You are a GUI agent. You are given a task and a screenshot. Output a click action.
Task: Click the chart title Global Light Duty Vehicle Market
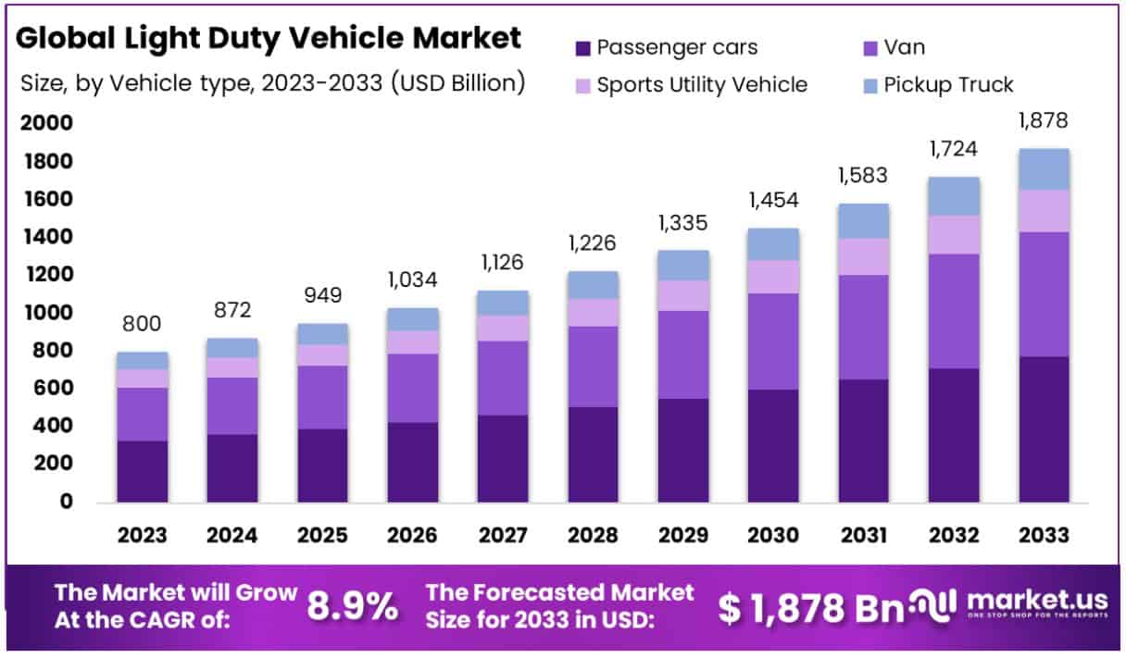coord(269,38)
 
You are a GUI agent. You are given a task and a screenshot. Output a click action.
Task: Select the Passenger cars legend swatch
coord(583,47)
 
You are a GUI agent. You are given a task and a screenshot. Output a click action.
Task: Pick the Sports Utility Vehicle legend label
coord(702,85)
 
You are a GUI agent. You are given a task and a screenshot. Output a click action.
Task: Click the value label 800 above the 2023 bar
coord(142,324)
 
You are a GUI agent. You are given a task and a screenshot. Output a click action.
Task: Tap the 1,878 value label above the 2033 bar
coord(1044,120)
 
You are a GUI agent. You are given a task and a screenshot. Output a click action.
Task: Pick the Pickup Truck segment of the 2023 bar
coord(142,361)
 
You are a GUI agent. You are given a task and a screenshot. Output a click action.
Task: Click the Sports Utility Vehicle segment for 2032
coord(954,235)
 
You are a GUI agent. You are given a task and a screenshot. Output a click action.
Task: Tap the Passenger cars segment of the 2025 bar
coord(322,466)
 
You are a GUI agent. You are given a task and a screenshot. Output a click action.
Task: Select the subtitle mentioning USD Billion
coord(273,83)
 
